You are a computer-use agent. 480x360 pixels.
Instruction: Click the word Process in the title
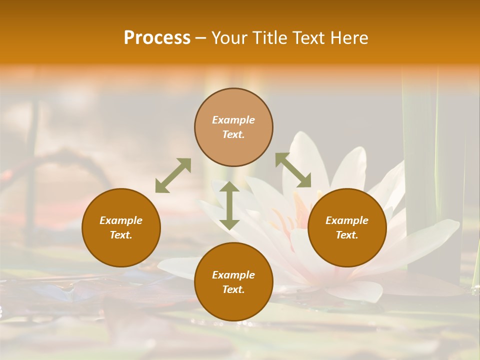[157, 38]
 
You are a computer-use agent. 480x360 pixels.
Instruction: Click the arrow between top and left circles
[173, 175]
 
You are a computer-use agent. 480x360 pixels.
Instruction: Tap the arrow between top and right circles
[293, 170]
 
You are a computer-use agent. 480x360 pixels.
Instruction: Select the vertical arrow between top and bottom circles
[229, 205]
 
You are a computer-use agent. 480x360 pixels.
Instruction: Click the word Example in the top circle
[233, 120]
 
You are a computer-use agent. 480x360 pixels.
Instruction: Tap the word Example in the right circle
[347, 220]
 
